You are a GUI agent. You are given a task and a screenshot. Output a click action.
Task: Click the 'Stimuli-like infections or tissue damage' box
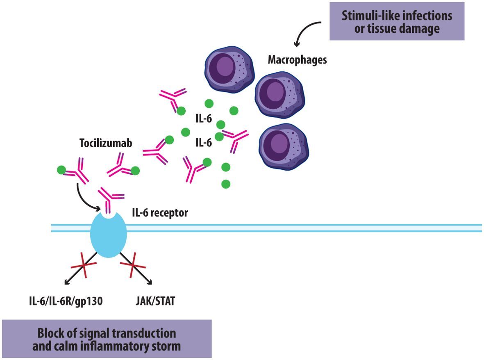pyautogui.click(x=397, y=22)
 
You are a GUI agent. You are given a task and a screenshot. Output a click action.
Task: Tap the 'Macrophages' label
pyautogui.click(x=297, y=60)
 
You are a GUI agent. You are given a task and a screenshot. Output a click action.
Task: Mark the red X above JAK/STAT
pyautogui.click(x=133, y=268)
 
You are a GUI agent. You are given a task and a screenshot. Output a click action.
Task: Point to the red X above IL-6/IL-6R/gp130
pyautogui.click(x=84, y=268)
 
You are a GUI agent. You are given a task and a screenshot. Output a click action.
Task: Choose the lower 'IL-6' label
pyautogui.click(x=204, y=142)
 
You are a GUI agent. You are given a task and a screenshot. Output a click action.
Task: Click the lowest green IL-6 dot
pyautogui.click(x=225, y=184)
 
